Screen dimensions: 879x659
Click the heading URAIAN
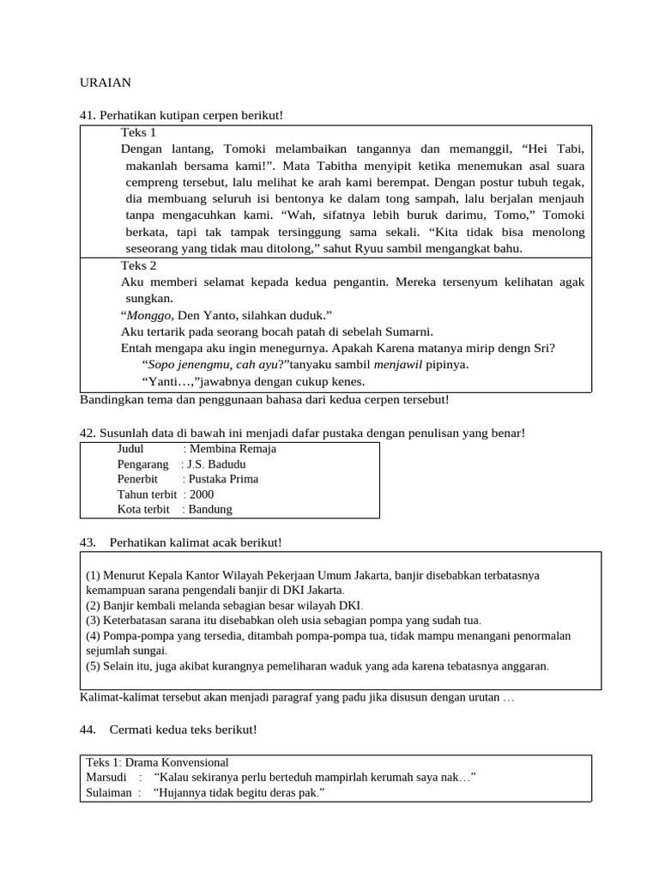click(x=106, y=82)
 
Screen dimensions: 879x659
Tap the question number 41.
click(x=87, y=115)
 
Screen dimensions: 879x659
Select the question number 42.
click(x=87, y=433)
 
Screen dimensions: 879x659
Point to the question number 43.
click(x=87, y=543)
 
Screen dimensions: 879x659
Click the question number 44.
click(x=87, y=730)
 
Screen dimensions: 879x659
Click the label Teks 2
click(x=139, y=266)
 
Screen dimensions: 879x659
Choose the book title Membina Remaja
click(x=233, y=449)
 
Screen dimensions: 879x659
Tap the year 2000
click(x=202, y=494)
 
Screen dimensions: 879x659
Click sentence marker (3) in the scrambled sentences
click(x=94, y=621)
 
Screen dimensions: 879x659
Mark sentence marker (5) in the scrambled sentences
click(x=94, y=666)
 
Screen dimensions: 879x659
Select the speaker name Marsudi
click(x=106, y=778)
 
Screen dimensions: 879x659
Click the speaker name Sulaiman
click(x=108, y=793)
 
